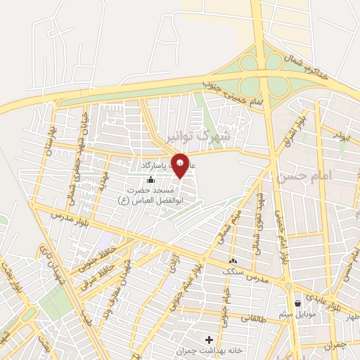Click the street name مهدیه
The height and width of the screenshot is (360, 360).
pos(103,184)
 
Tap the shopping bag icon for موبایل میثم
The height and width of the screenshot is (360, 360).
pos(300,304)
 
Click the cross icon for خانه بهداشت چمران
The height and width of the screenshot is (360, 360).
pos(209,340)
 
